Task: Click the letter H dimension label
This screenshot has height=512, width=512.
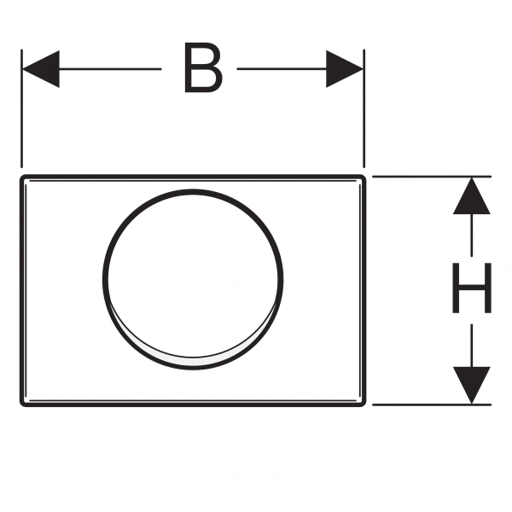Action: (472, 289)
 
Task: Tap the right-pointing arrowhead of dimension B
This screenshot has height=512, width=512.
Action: (345, 69)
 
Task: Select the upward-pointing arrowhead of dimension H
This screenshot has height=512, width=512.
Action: (472, 196)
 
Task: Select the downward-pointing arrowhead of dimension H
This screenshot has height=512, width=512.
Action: (472, 383)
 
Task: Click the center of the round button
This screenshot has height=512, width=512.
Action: (194, 276)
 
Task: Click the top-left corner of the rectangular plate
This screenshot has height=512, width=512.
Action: (24, 178)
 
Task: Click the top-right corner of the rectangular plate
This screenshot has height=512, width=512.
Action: (367, 178)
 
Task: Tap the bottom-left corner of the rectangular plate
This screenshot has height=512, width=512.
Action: (24, 403)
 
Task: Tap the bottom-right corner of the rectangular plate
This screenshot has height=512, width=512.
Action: (367, 403)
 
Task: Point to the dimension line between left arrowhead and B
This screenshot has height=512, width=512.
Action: (111, 69)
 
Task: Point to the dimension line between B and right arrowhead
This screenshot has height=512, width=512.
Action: (282, 69)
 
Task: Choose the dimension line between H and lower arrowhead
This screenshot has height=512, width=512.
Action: (472, 341)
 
